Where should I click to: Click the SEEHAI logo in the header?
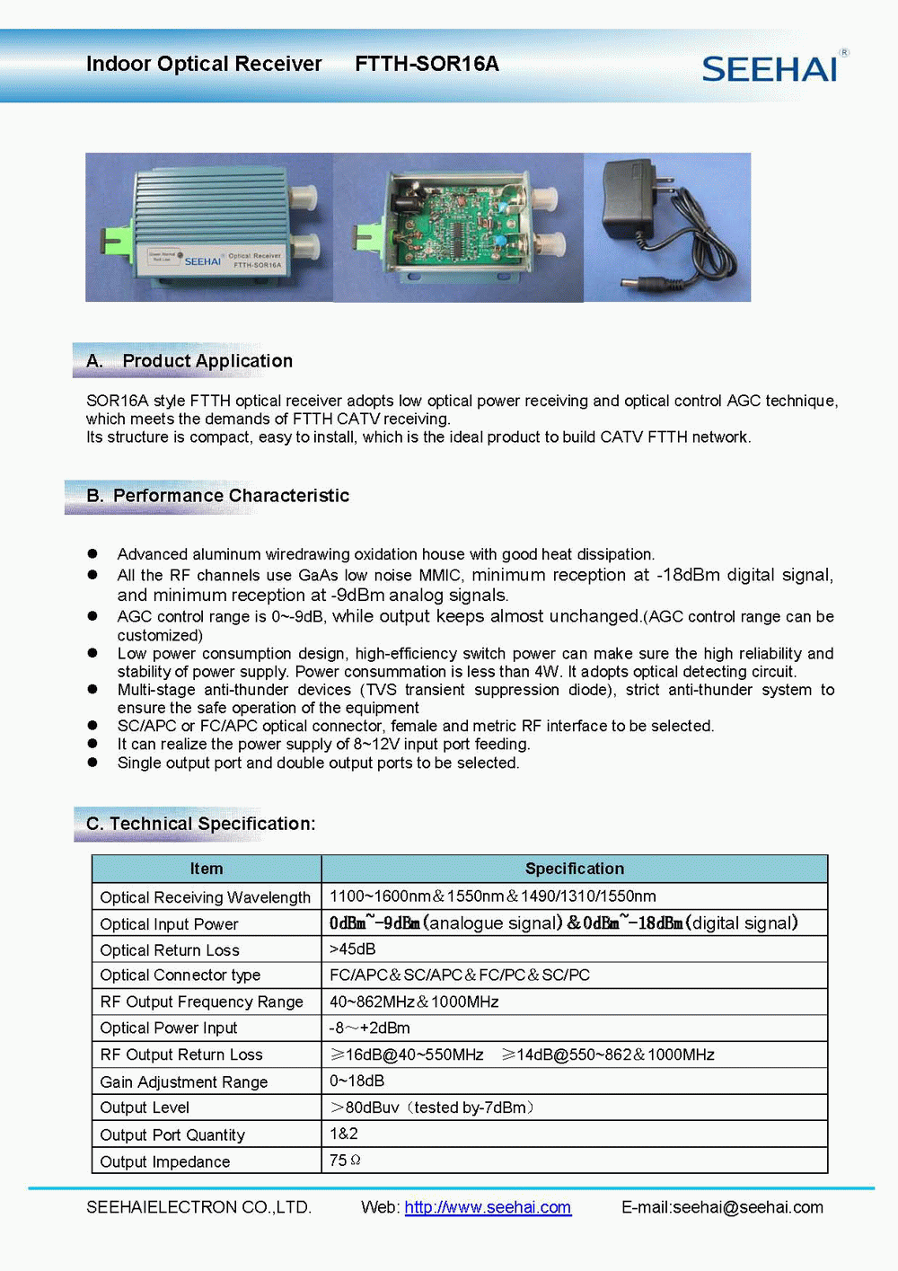[x=771, y=68]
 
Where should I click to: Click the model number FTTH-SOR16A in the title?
[x=427, y=64]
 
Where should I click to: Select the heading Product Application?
[x=207, y=361]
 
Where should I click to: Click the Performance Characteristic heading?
[x=231, y=496]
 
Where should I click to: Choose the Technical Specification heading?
[x=212, y=824]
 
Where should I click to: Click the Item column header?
[x=207, y=869]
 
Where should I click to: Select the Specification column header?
[x=574, y=869]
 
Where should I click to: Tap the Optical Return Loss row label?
[x=170, y=950]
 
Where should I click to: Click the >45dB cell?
[x=353, y=949]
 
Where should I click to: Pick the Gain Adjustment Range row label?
[x=184, y=1082]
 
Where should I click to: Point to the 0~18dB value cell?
[x=357, y=1081]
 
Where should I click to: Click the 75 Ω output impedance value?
[x=345, y=1161]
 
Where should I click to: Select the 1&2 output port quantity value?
[x=344, y=1134]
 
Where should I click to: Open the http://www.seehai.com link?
[x=488, y=1207]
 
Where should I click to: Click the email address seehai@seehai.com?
[x=747, y=1207]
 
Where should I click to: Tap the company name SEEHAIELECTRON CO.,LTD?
[x=198, y=1207]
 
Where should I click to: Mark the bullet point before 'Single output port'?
[x=92, y=762]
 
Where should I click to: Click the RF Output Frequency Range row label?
[x=202, y=1002]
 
